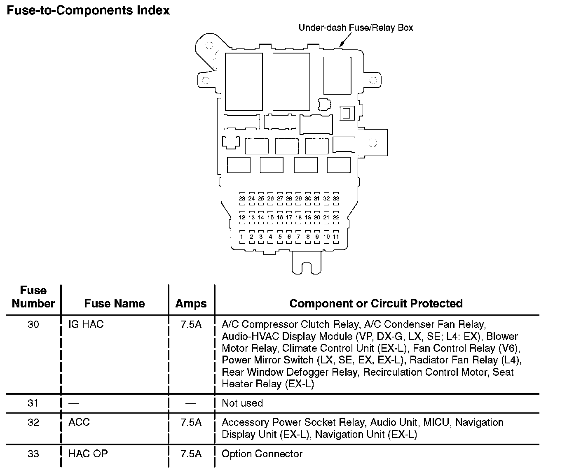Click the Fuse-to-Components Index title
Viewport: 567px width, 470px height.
pyautogui.click(x=88, y=11)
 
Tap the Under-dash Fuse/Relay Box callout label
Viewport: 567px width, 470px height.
pyautogui.click(x=356, y=28)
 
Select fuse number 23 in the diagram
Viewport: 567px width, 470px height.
pyautogui.click(x=242, y=198)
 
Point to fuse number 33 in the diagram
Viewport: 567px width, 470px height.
pyautogui.click(x=336, y=198)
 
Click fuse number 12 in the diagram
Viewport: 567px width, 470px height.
pyautogui.click(x=242, y=217)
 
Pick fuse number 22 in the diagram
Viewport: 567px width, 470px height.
pyautogui.click(x=336, y=217)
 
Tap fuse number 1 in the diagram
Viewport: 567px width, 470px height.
pyautogui.click(x=242, y=237)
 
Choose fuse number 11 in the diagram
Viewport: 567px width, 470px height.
pyautogui.click(x=336, y=237)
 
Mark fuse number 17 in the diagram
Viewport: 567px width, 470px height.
pyautogui.click(x=289, y=217)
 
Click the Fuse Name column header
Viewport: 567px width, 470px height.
pyautogui.click(x=115, y=304)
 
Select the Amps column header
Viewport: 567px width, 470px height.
pyautogui.click(x=191, y=304)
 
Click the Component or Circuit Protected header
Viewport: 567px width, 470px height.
pyautogui.click(x=376, y=304)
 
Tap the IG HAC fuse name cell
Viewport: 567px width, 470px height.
pyautogui.click(x=86, y=324)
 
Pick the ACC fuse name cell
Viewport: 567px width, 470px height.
pyautogui.click(x=79, y=422)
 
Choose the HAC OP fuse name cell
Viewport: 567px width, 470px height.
pyautogui.click(x=88, y=454)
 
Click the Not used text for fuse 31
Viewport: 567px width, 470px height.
pyautogui.click(x=242, y=403)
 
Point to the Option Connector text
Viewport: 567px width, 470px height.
pyautogui.click(x=262, y=454)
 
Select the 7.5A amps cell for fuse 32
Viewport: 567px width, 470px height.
pyautogui.click(x=191, y=422)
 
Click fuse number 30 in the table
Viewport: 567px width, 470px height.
pyautogui.click(x=33, y=324)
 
